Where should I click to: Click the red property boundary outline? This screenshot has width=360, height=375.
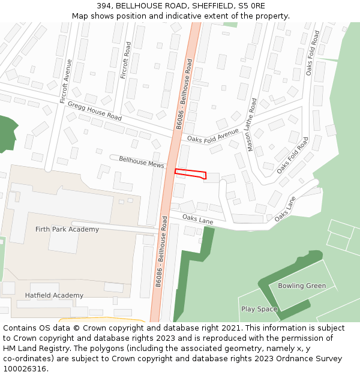(190, 174)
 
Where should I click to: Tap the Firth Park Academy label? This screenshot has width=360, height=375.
(67, 229)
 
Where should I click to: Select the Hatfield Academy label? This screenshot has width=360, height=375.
(54, 295)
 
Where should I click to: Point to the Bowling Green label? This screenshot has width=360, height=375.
(302, 286)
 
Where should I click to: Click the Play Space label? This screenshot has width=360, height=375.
(259, 309)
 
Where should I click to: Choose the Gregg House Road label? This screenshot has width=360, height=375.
(95, 111)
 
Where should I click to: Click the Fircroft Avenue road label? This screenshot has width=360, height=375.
(67, 82)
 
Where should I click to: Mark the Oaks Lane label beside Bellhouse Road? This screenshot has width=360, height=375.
(198, 220)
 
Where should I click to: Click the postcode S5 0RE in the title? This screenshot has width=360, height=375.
(253, 5)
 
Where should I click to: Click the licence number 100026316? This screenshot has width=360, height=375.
(25, 368)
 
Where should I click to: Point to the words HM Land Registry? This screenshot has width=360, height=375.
(32, 348)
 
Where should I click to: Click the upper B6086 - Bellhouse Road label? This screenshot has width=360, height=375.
(185, 94)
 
